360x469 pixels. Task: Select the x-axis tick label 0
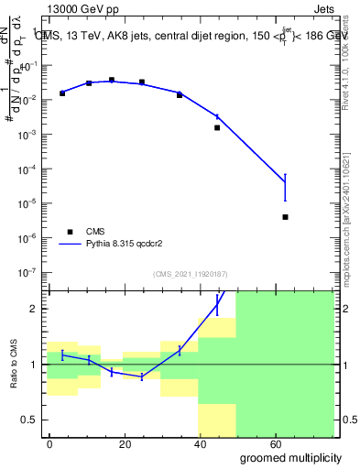coord(49,442)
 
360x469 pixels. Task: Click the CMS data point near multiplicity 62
coord(286,217)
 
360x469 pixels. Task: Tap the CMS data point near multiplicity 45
coord(217,128)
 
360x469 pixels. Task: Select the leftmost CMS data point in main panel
coord(62,93)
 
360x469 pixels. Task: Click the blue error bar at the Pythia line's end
coord(286,187)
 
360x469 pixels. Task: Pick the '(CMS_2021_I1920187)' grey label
coord(190,273)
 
